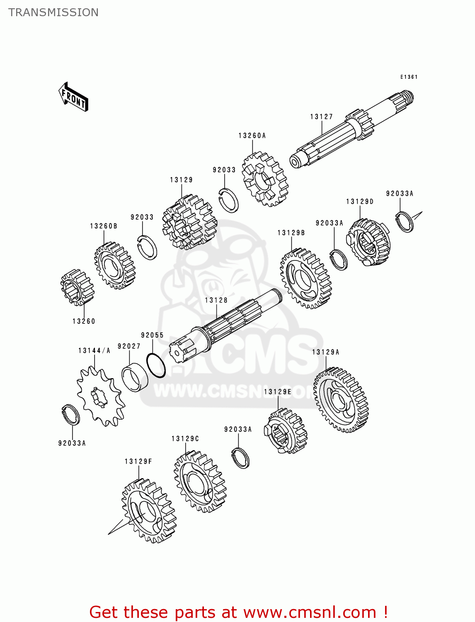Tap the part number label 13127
click(x=321, y=117)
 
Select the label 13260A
click(x=252, y=136)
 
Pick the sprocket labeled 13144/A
click(x=101, y=396)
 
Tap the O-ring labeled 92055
click(x=156, y=365)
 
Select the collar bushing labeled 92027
click(x=135, y=377)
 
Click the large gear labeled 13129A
click(x=341, y=400)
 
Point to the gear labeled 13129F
click(x=149, y=510)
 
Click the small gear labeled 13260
click(x=77, y=287)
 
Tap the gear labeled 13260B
click(x=114, y=265)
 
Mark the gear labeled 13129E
click(x=286, y=431)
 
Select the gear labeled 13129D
click(x=368, y=242)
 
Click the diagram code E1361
click(x=409, y=77)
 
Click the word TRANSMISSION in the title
click(x=53, y=12)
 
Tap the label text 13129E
click(x=277, y=392)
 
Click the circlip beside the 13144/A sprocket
click(x=70, y=414)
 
